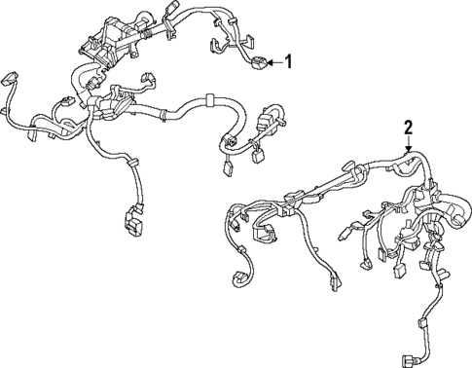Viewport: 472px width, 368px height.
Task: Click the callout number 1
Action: (288, 62)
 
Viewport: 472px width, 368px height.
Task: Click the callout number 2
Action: (409, 127)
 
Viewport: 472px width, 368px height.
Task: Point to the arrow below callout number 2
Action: (409, 146)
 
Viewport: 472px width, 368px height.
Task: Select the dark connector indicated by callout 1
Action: (258, 63)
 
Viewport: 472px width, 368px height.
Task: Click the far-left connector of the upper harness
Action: (11, 79)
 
